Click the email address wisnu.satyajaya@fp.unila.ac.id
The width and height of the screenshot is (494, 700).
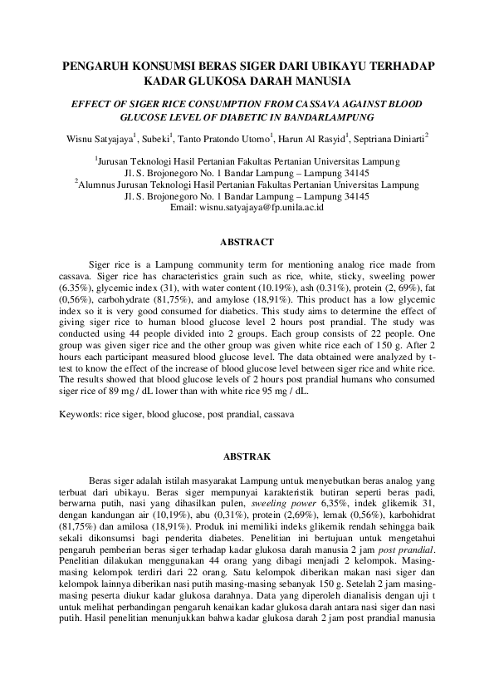[x=263, y=207]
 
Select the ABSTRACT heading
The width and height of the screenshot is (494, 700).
[x=246, y=243]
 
